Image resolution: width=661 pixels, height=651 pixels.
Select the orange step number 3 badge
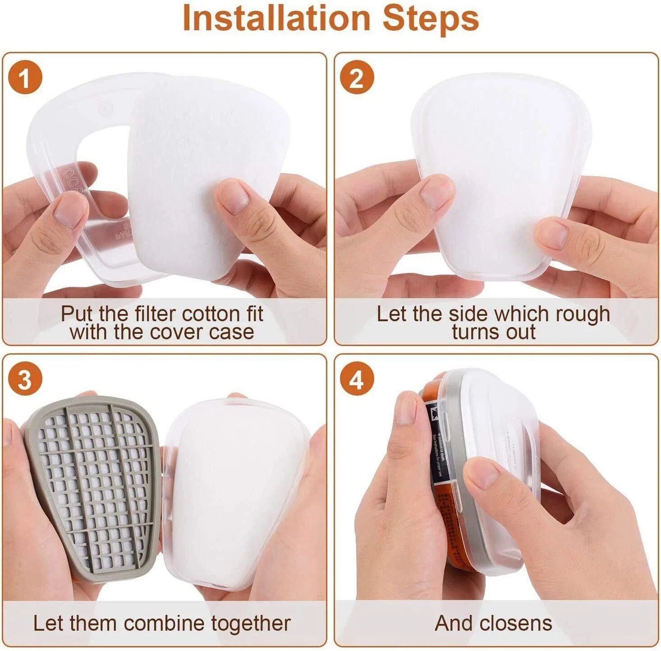pyautogui.click(x=25, y=380)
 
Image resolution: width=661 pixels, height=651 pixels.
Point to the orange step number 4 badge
pyautogui.click(x=356, y=380)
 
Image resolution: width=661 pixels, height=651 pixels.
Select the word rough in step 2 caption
pyautogui.click(x=582, y=314)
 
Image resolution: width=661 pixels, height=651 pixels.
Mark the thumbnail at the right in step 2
pyautogui.click(x=553, y=233)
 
